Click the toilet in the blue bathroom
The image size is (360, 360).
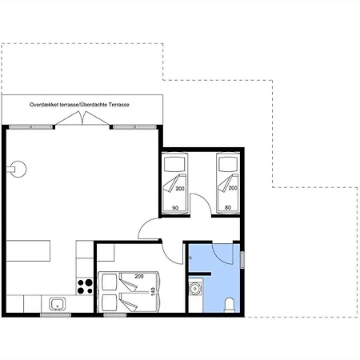click(230, 305)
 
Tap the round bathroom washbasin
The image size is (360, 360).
click(195, 289)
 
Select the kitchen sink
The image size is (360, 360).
click(58, 304)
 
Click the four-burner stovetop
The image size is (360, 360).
click(85, 286)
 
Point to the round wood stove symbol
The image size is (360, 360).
click(18, 169)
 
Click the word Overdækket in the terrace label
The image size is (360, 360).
click(43, 105)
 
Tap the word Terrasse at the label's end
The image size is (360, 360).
click(119, 105)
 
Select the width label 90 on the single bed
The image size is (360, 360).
click(175, 208)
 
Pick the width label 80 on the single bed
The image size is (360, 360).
click(228, 207)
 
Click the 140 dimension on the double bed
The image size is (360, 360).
click(153, 292)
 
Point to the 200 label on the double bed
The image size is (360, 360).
click(139, 277)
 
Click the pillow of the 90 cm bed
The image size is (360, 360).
click(174, 164)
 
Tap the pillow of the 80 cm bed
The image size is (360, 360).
click(228, 164)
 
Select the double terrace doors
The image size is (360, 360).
click(82, 118)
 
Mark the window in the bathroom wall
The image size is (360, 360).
click(242, 260)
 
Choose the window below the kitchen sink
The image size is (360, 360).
click(56, 315)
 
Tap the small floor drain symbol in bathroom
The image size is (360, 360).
click(190, 258)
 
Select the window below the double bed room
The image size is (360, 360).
click(115, 315)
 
